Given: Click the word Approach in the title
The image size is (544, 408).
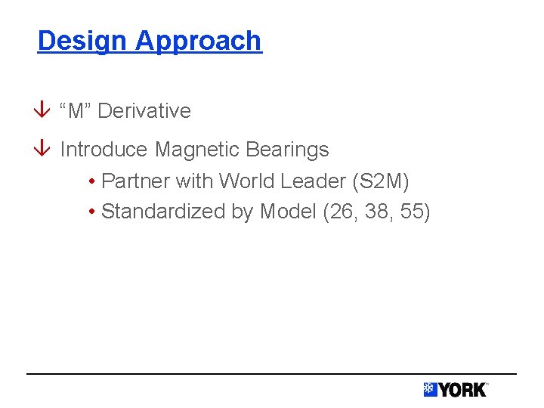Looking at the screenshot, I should (x=199, y=42).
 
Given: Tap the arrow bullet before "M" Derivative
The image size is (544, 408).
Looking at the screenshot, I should (x=43, y=111).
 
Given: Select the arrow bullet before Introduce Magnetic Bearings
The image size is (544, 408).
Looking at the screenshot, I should (x=43, y=150).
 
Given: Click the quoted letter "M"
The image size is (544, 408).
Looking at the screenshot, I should (x=76, y=111).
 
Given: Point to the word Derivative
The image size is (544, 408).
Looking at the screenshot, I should (x=144, y=111).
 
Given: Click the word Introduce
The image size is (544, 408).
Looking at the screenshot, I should (x=104, y=150).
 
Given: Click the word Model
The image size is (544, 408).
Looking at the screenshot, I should (x=288, y=212).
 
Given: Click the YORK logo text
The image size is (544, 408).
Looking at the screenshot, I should (x=463, y=390).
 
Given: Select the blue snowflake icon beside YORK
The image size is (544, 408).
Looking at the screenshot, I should (x=431, y=390).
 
